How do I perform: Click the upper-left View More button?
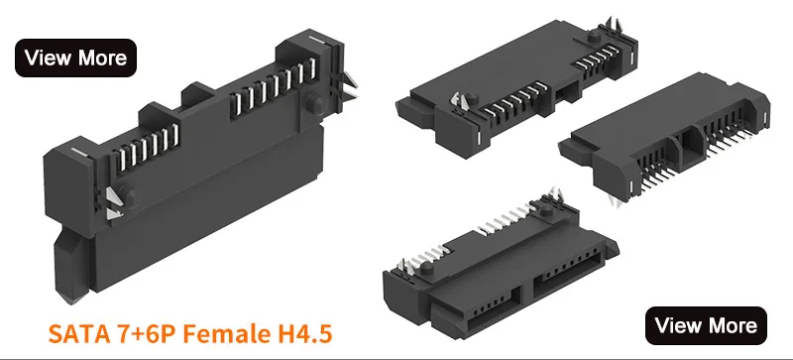point(75,58)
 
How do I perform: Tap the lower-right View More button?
point(707,324)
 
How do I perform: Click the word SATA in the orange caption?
point(77,331)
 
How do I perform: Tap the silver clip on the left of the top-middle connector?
point(459,103)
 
